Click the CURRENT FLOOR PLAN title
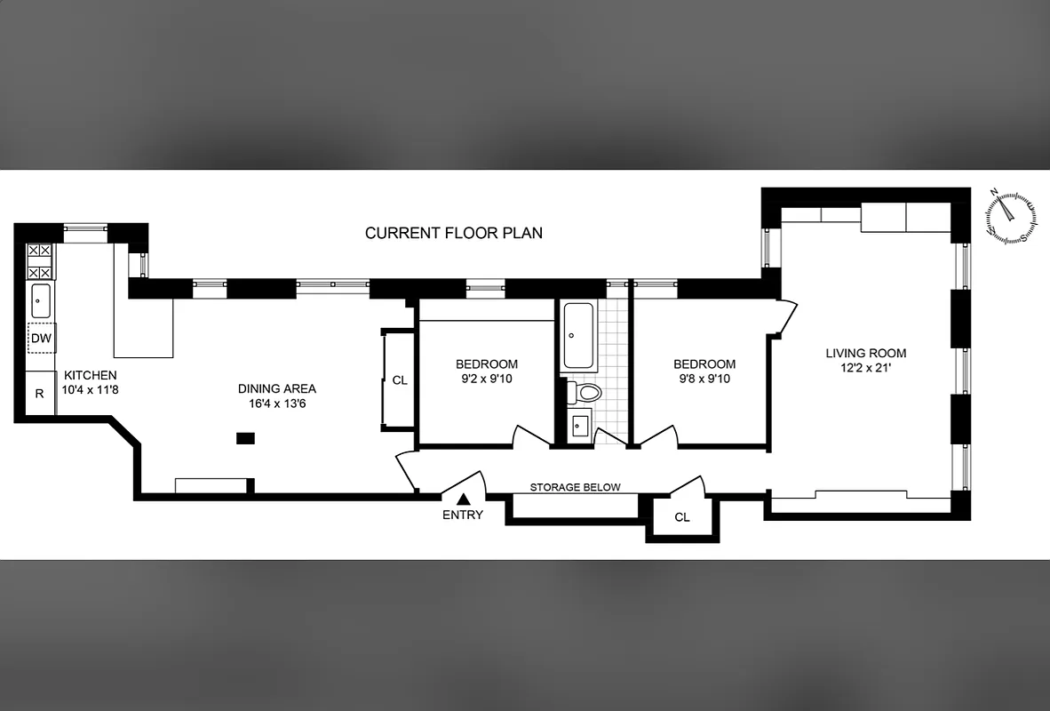click(454, 233)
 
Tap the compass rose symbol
click(1010, 217)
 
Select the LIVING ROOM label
click(865, 353)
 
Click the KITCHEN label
click(90, 376)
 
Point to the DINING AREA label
click(276, 388)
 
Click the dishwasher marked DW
click(41, 339)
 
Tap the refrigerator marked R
click(40, 393)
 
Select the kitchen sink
click(41, 301)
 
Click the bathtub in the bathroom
click(577, 336)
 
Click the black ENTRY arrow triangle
click(463, 500)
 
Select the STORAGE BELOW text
click(575, 487)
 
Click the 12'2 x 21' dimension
click(865, 368)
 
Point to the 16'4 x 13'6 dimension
click(276, 403)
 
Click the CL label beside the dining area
click(400, 379)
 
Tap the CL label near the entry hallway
click(681, 517)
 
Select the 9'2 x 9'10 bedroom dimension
click(486, 379)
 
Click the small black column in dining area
click(245, 437)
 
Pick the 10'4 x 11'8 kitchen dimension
click(90, 390)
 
